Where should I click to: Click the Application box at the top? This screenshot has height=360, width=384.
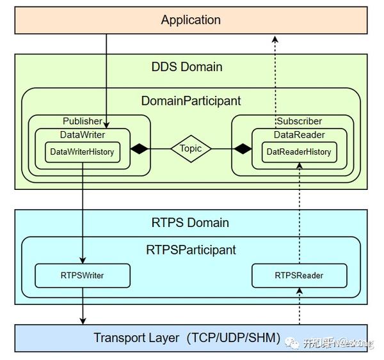coord(191,20)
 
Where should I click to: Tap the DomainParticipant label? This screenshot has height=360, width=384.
coord(191,100)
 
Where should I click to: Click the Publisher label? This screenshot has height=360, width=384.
coord(82,121)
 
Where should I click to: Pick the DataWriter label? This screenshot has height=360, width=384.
coord(83,134)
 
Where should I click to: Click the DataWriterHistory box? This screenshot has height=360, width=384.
coord(82,152)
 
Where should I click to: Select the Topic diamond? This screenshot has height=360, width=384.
coord(191,148)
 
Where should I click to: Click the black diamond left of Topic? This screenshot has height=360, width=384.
coord(139,148)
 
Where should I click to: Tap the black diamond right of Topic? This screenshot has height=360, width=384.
coord(242,148)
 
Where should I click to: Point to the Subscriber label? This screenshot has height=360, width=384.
coord(299,121)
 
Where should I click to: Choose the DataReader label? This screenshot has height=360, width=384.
coord(299,134)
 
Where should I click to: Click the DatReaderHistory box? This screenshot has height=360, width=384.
coord(299,152)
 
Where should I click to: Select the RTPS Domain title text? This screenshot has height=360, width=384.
coord(191,223)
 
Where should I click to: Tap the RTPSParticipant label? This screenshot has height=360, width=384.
coord(191,249)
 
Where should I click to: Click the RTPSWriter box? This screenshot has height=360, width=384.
coord(82,276)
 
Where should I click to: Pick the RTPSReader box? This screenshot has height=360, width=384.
coord(299,276)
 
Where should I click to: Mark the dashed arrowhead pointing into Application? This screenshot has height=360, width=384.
coord(275,39)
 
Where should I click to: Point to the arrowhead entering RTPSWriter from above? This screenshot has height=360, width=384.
coord(82,260)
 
